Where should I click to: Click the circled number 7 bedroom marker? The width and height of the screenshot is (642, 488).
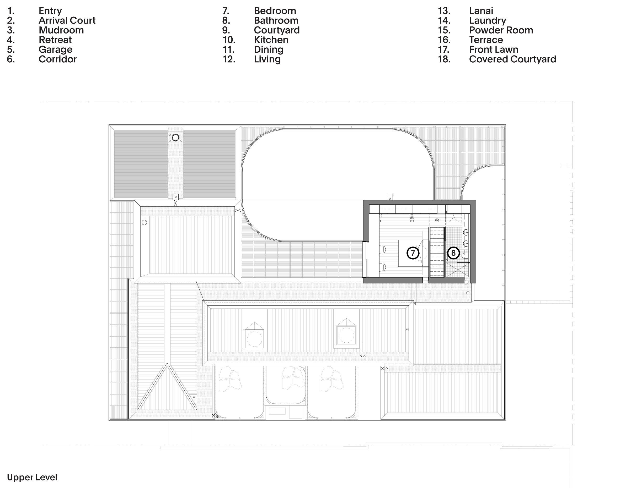[413, 253]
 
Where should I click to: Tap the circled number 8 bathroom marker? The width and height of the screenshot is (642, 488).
[453, 253]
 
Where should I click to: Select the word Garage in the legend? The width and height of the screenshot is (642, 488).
[56, 50]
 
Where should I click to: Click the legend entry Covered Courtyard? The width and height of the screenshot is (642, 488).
[512, 59]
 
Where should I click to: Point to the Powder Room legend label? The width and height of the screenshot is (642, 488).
[501, 30]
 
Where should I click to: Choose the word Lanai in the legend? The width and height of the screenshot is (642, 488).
[481, 11]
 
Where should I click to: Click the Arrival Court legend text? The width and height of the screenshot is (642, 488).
[67, 20]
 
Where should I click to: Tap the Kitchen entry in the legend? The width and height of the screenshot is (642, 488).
[271, 40]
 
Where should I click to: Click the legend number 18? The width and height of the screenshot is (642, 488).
[444, 59]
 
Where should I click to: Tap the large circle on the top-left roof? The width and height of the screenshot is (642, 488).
[175, 138]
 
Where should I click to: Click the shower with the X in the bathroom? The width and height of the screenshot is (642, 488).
[458, 270]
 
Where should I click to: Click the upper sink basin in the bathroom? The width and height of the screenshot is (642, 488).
[466, 232]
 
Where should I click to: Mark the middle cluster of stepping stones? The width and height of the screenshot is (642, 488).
[293, 378]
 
